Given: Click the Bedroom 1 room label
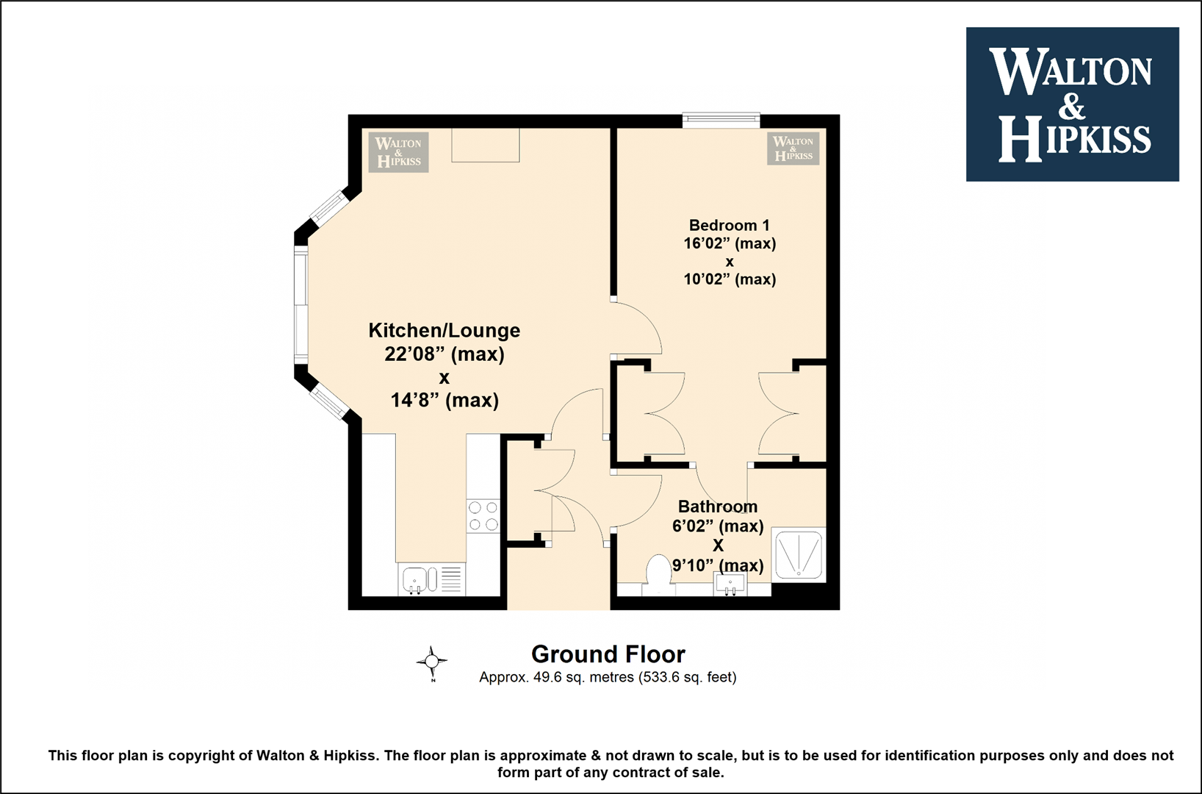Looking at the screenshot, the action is (x=730, y=225).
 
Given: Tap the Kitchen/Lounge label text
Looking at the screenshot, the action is (x=445, y=330).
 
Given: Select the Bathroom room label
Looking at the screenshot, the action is (x=718, y=507).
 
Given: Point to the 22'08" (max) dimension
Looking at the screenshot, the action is (x=445, y=354).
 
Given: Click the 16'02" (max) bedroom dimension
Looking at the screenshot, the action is (x=730, y=243).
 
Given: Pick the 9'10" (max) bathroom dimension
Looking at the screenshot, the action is (x=718, y=565).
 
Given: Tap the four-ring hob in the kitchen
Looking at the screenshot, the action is (x=483, y=515).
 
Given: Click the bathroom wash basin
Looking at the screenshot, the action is (x=730, y=584).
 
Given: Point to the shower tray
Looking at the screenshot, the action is (x=798, y=554).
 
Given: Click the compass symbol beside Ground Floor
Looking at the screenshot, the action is (x=432, y=662).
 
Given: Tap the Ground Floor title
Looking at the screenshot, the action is (x=608, y=654).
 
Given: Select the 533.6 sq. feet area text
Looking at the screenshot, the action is (x=688, y=678).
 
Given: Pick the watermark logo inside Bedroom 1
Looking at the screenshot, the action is (x=793, y=149).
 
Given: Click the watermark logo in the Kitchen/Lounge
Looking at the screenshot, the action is (x=399, y=152).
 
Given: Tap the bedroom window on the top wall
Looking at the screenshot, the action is (x=721, y=121).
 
